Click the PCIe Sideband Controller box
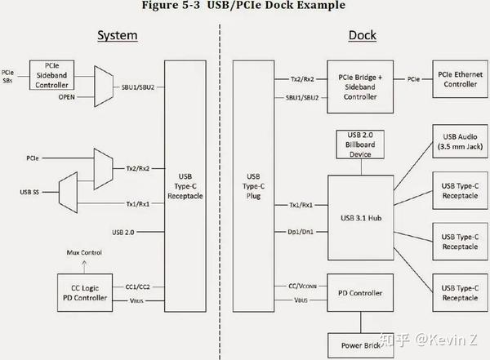tap(52, 75)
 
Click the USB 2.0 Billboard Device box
tap(359, 146)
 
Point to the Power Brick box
tap(359, 344)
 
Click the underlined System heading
tap(117, 36)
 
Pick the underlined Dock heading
tap(362, 36)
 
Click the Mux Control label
tap(84, 253)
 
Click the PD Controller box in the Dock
tap(359, 292)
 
